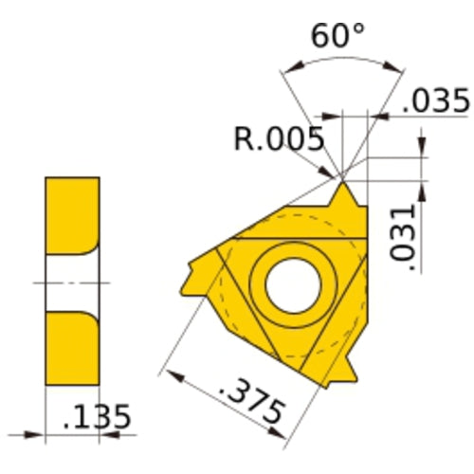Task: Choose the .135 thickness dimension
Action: pyautogui.click(x=95, y=417)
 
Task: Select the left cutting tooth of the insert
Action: pyautogui.click(x=191, y=276)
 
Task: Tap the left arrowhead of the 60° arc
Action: pyautogui.click(x=288, y=69)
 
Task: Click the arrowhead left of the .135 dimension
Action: pyautogui.click(x=38, y=436)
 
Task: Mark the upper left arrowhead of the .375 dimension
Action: pyautogui.click(x=171, y=374)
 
